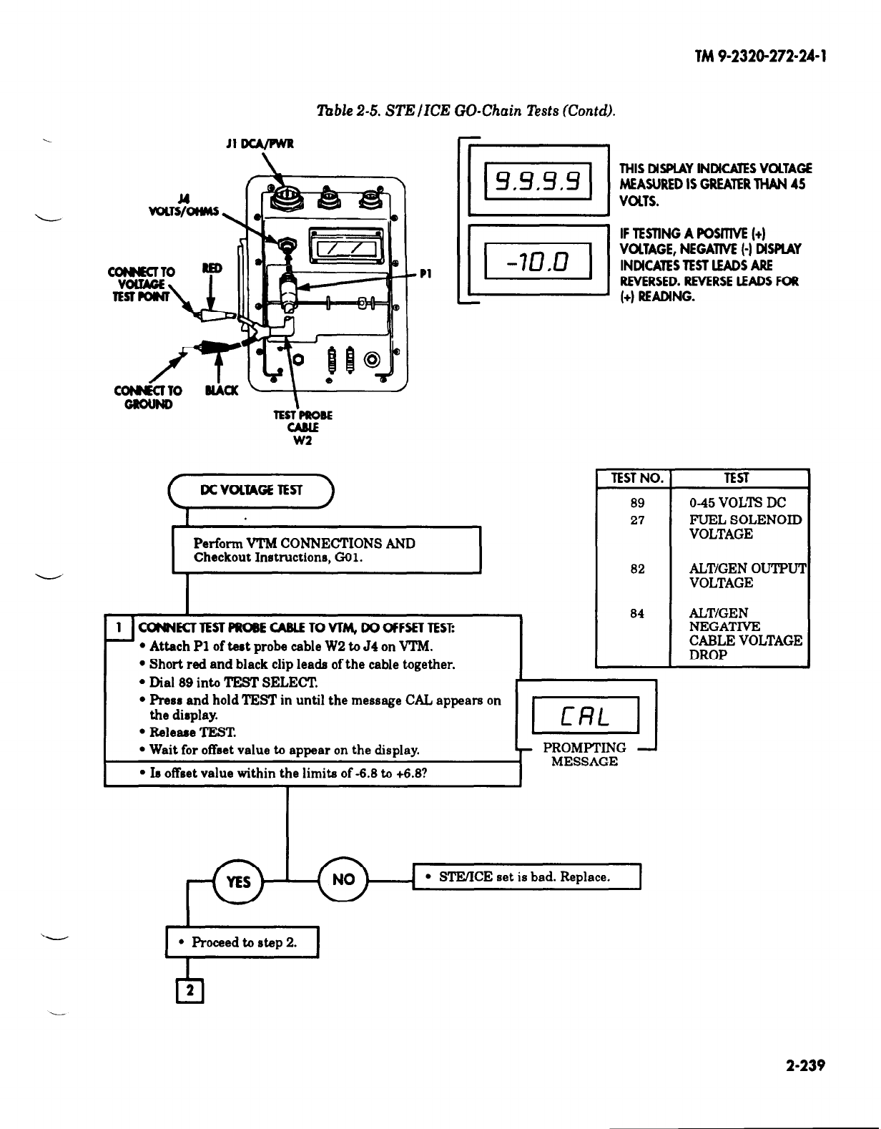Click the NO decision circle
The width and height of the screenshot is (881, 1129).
(343, 879)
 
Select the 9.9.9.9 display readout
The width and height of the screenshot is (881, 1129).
(537, 182)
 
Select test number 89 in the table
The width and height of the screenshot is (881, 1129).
(637, 503)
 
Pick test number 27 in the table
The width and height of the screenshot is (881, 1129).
(637, 520)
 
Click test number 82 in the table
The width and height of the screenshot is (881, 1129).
(637, 569)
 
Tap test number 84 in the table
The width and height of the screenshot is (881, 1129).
(637, 613)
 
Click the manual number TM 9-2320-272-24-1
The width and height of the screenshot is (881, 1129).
(761, 58)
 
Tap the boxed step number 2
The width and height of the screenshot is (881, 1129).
(190, 992)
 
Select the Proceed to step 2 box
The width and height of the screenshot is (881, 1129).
(242, 942)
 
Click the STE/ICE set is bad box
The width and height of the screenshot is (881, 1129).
(527, 876)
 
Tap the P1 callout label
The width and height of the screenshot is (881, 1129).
(425, 273)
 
